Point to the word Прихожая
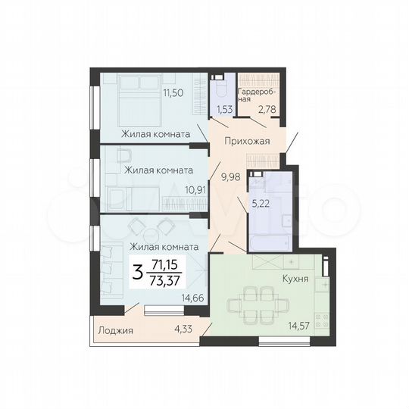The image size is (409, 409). [246, 140]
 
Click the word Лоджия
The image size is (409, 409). [116, 331]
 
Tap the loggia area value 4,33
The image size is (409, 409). [183, 328]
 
